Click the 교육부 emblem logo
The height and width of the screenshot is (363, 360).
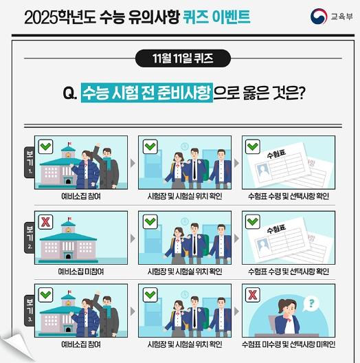pyautogui.click(x=319, y=16)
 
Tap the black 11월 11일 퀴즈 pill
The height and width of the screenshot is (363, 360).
pyautogui.click(x=183, y=58)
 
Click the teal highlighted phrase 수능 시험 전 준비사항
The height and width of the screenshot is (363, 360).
pyautogui.click(x=147, y=93)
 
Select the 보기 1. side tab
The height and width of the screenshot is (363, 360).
pyautogui.click(x=30, y=162)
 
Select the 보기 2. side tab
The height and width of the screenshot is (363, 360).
pyautogui.click(x=30, y=237)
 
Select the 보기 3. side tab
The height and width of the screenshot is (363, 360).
pyautogui.click(x=30, y=311)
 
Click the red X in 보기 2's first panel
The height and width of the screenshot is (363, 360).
pyautogui.click(x=45, y=222)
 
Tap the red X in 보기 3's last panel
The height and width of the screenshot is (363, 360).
pyautogui.click(x=253, y=295)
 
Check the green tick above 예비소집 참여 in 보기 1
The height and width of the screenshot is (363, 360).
pyautogui.click(x=45, y=146)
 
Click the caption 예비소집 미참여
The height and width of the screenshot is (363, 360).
pyautogui.click(x=81, y=272)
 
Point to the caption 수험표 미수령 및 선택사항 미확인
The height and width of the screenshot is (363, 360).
pyautogui.click(x=289, y=344)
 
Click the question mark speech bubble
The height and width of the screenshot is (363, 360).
pyautogui.click(x=311, y=303)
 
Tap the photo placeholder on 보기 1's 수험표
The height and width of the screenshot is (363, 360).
pyautogui.click(x=264, y=170)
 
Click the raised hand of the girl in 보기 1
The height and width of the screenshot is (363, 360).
pyautogui.click(x=98, y=146)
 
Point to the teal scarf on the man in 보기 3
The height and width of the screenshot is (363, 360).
pyautogui.click(x=107, y=313)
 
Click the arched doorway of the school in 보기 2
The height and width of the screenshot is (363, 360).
pyautogui.click(x=68, y=256)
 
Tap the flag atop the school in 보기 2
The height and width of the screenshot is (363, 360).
pyautogui.click(x=69, y=219)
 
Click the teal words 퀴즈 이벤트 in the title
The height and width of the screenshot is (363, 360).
pyautogui.click(x=216, y=17)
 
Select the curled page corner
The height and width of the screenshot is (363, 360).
pyautogui.click(x=17, y=346)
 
